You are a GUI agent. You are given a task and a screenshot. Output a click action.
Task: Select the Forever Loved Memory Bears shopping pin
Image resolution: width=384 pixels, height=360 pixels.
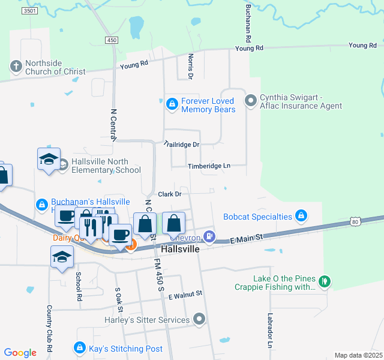click(x=172, y=104)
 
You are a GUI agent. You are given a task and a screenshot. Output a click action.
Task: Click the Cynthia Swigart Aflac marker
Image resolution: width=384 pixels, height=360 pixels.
click(x=251, y=98)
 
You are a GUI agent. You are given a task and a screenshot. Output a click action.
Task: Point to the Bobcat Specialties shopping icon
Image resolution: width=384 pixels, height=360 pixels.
click(x=301, y=216)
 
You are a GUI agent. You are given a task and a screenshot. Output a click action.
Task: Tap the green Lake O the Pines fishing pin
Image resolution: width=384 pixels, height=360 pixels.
click(x=325, y=281)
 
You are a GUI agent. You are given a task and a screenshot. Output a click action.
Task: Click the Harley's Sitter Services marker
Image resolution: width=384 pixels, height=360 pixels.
click(x=200, y=320)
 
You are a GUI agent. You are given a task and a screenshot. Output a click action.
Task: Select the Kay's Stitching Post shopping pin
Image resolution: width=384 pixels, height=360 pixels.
click(x=79, y=348)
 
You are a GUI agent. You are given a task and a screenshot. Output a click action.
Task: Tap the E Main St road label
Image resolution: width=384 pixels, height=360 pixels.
click(x=247, y=239)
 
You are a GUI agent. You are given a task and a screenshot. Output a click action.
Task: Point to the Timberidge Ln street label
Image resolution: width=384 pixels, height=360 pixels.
click(x=209, y=166)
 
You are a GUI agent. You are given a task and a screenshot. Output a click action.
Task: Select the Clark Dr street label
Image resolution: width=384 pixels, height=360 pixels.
click(x=169, y=194)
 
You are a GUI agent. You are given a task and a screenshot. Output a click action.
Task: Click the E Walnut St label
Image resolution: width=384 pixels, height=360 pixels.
click(x=186, y=294)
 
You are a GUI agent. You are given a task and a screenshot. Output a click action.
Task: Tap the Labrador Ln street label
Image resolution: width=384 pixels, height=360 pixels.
click(x=270, y=332)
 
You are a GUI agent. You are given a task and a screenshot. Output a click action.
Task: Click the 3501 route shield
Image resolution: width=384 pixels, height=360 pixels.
click(x=29, y=11)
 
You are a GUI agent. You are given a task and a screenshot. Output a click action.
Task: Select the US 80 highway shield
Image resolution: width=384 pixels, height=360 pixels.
click(x=355, y=222)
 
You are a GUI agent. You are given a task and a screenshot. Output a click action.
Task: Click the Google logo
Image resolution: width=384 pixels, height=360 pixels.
click(x=20, y=353)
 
